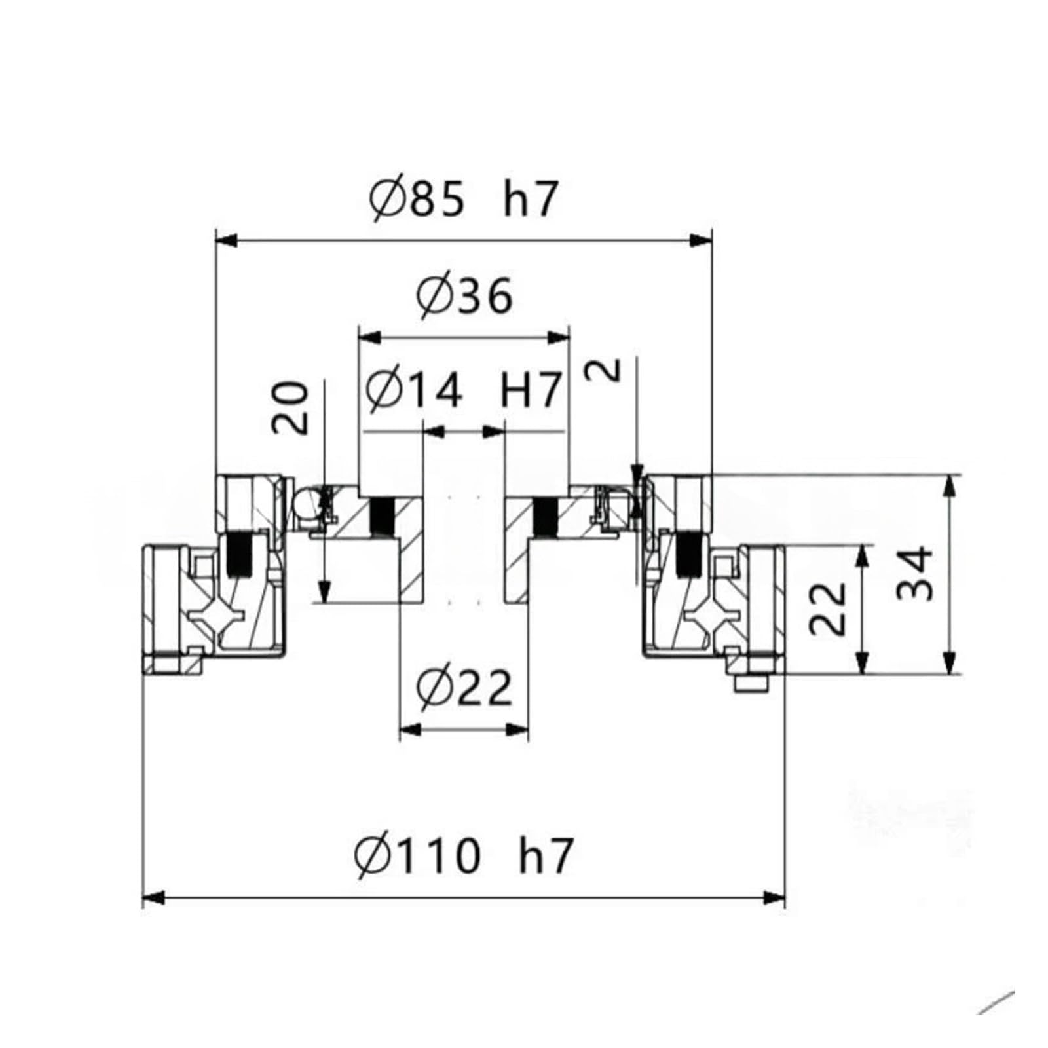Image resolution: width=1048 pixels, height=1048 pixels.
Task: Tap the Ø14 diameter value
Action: pyautogui.click(x=414, y=391)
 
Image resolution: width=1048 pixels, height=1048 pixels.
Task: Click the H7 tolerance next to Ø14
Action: pyautogui.click(x=531, y=391)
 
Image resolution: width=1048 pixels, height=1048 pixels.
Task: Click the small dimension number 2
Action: pyautogui.click(x=609, y=370)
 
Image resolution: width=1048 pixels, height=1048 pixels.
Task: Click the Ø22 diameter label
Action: pyautogui.click(x=464, y=688)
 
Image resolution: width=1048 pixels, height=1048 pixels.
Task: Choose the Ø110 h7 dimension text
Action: pyautogui.click(x=464, y=855)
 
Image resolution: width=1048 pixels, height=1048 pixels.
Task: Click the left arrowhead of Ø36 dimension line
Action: pyautogui.click(x=369, y=337)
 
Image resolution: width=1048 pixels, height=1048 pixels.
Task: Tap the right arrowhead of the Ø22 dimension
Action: pyautogui.click(x=518, y=729)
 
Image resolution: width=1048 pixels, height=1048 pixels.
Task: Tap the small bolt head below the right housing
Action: pyautogui.click(x=752, y=684)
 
